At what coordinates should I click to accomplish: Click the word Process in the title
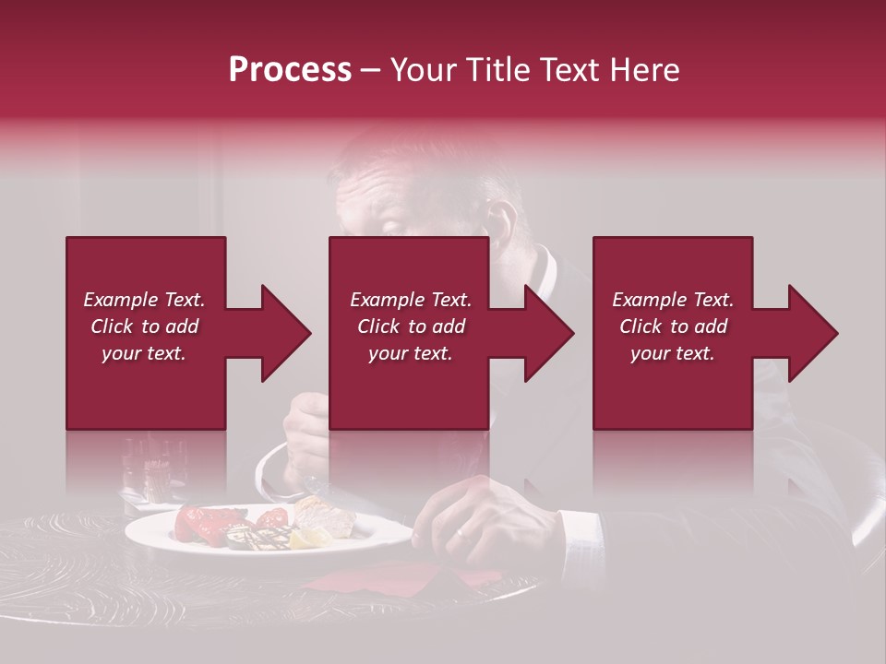[x=290, y=70]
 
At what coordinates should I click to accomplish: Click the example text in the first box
[x=144, y=326]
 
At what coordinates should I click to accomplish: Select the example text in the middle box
[x=410, y=326]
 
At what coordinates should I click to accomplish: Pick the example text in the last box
[x=672, y=326]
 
